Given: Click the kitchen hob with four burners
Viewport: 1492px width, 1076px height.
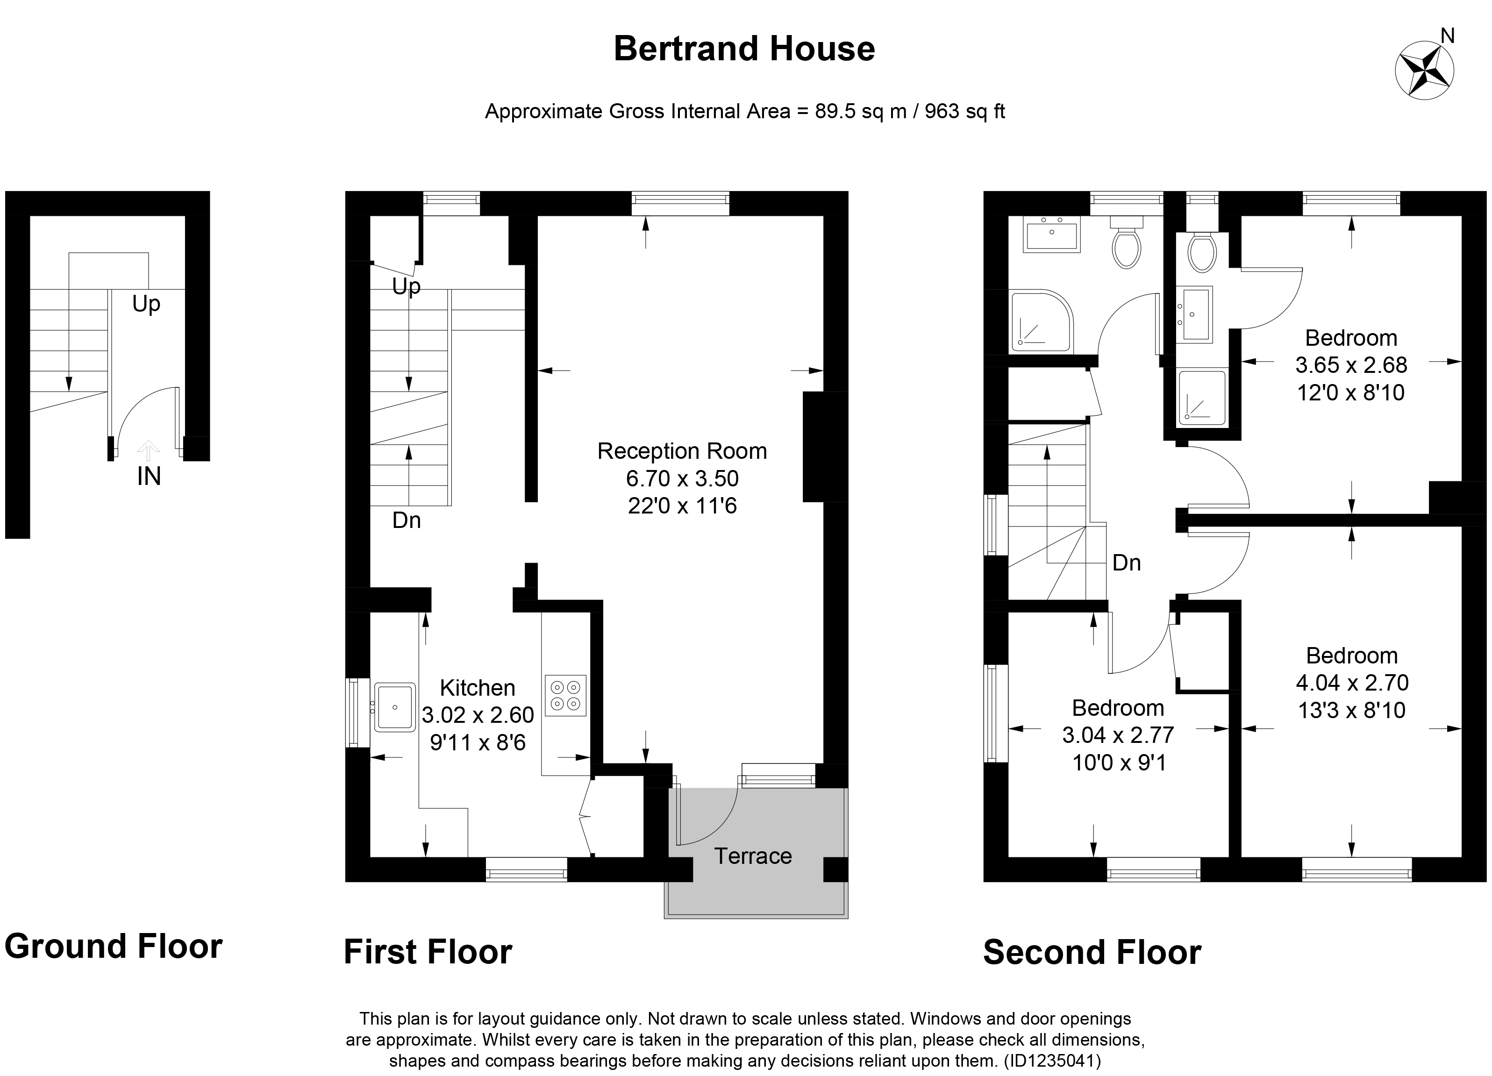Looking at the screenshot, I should pos(565,696).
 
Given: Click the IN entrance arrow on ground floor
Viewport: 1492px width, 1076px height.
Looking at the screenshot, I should pos(149,452).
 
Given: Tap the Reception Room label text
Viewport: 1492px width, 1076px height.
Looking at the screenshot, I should pos(682,451).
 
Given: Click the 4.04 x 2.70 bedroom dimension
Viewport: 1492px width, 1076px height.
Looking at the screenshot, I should pos(1352,683).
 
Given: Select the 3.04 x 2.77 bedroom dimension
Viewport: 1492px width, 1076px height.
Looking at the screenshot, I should pos(1118,734).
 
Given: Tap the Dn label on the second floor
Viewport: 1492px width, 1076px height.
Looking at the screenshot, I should pos(1126,563).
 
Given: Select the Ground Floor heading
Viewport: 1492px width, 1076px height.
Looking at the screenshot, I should pos(113,947).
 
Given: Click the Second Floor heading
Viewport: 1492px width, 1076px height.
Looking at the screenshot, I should pos(1092,952).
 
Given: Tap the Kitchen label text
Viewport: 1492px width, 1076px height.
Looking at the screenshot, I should pos(477,688).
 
